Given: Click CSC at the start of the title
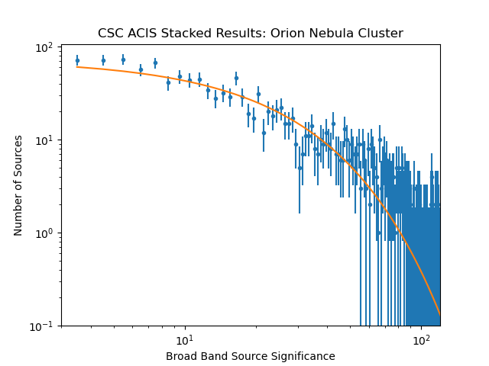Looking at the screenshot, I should click(x=110, y=34).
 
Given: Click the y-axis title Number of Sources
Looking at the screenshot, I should click(x=18, y=185).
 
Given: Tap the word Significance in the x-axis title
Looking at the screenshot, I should click(x=304, y=356).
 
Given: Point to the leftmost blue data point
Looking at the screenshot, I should click(x=77, y=60).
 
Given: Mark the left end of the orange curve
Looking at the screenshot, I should click(x=77, y=67).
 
